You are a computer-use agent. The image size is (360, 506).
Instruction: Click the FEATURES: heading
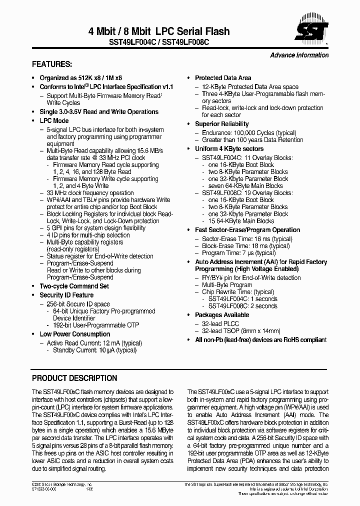(x=52, y=64)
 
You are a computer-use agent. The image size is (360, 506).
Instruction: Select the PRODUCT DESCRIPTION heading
(x=74, y=378)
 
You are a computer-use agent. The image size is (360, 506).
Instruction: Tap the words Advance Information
(x=299, y=55)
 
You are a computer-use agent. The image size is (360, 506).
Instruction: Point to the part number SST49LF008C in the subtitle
(x=186, y=43)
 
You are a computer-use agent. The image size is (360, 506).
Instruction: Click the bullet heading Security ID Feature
(x=66, y=295)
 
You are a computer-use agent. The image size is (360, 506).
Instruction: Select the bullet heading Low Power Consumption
(x=75, y=334)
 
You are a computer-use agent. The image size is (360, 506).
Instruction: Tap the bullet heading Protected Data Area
(x=223, y=78)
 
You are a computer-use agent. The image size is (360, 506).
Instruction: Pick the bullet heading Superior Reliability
(x=221, y=124)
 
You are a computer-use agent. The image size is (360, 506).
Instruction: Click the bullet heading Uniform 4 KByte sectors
(x=229, y=149)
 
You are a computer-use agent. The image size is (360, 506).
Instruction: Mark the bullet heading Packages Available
(x=221, y=315)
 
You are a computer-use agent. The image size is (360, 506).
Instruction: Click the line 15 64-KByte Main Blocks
(x=241, y=220)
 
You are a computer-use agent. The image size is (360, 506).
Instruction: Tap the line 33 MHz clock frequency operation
(x=90, y=192)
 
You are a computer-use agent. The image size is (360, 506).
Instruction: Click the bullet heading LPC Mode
(x=54, y=120)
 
